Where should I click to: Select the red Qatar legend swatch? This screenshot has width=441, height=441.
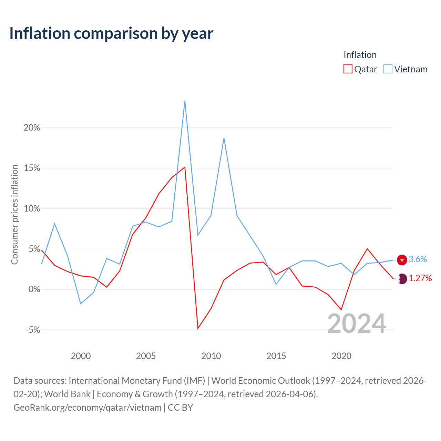pos(348,69)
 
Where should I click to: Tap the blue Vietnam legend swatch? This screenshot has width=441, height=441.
pos(388,69)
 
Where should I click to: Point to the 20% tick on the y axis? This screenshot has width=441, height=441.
pos(32,128)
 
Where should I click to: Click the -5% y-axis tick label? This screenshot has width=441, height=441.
pos(33,330)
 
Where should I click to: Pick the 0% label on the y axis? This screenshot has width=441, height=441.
pos(34,289)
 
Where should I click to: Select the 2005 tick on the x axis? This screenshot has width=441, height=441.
pos(146,356)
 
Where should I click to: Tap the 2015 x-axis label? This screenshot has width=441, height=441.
pos(276,356)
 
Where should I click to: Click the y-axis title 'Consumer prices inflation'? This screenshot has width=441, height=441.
pos(14,215)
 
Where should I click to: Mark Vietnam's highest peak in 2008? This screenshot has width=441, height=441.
pos(185,101)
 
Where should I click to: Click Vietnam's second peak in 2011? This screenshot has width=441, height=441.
pos(224,138)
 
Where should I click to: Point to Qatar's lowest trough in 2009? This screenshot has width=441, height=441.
pos(198,329)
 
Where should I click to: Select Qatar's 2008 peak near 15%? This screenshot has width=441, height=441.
pos(185,167)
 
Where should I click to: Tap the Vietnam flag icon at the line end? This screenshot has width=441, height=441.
pos(402,260)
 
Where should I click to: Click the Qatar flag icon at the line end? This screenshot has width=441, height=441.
pos(402,279)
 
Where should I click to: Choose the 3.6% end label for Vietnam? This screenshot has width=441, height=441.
pos(418,259)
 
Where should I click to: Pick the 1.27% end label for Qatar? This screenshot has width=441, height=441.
pos(420,278)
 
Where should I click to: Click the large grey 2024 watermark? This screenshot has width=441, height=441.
pos(357,324)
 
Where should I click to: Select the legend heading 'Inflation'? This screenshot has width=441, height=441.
pos(360,55)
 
